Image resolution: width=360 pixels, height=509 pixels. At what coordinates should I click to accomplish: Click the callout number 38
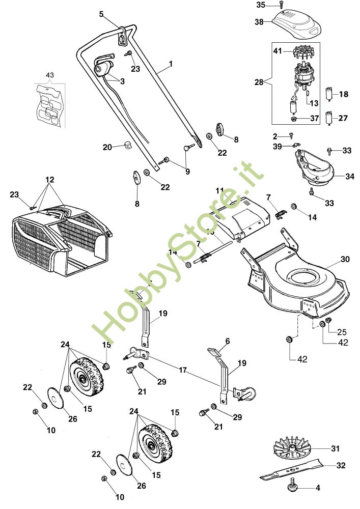coord(260,22)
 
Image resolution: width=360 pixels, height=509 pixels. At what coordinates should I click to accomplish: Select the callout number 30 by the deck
coord(345,259)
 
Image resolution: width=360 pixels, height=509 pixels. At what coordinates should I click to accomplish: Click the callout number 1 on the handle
coord(171,64)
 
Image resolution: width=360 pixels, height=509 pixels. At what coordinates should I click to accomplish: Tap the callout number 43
coord(49,75)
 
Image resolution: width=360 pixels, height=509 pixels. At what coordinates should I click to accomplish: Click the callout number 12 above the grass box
coord(49,180)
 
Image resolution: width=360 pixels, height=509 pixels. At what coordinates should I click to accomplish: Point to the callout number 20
coord(107,147)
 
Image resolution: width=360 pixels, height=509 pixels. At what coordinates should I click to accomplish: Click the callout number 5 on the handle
coord(101,14)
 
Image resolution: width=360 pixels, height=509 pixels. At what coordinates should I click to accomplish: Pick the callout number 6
coord(228,341)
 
